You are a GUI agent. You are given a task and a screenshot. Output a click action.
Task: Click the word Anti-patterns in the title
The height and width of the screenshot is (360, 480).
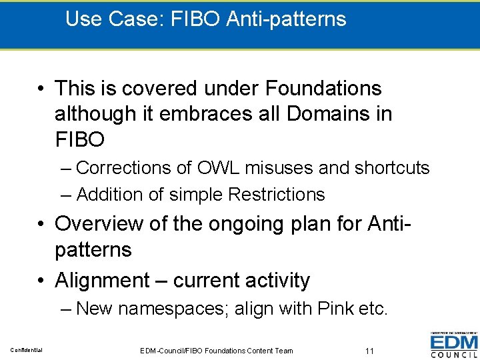click(x=287, y=19)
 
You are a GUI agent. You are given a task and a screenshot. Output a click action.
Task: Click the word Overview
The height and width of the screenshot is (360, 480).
click(x=98, y=223)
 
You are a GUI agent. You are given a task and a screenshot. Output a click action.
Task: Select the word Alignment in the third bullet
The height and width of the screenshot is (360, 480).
click(x=102, y=281)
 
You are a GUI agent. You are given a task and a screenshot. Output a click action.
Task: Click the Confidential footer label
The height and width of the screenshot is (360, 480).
click(x=27, y=351)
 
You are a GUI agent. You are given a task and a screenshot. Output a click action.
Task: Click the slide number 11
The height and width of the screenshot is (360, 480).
click(x=370, y=351)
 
